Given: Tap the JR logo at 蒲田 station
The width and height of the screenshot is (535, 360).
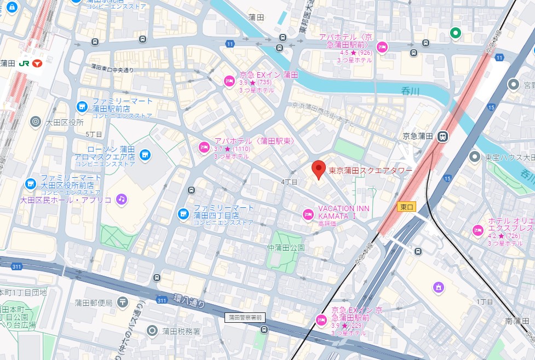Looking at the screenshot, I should tap(24, 63).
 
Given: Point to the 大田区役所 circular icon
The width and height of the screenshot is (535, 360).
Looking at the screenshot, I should tap(36, 121).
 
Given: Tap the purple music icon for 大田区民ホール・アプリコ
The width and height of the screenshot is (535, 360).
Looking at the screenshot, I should tap(121, 199).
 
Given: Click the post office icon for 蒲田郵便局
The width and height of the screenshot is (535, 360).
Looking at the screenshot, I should tap(122, 302).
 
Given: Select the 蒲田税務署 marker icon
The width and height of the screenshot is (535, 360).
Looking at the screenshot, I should tap(152, 330).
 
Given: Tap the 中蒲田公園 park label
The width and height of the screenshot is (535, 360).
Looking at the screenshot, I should tap(285, 247).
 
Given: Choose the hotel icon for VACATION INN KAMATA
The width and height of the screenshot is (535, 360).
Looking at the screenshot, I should tap(308, 213).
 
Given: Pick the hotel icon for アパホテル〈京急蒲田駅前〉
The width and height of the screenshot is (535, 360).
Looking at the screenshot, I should tap(382, 47).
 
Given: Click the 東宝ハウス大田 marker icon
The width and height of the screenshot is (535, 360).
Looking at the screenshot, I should tap(474, 157).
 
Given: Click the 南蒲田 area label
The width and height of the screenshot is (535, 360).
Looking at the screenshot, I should tap(517, 321).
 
